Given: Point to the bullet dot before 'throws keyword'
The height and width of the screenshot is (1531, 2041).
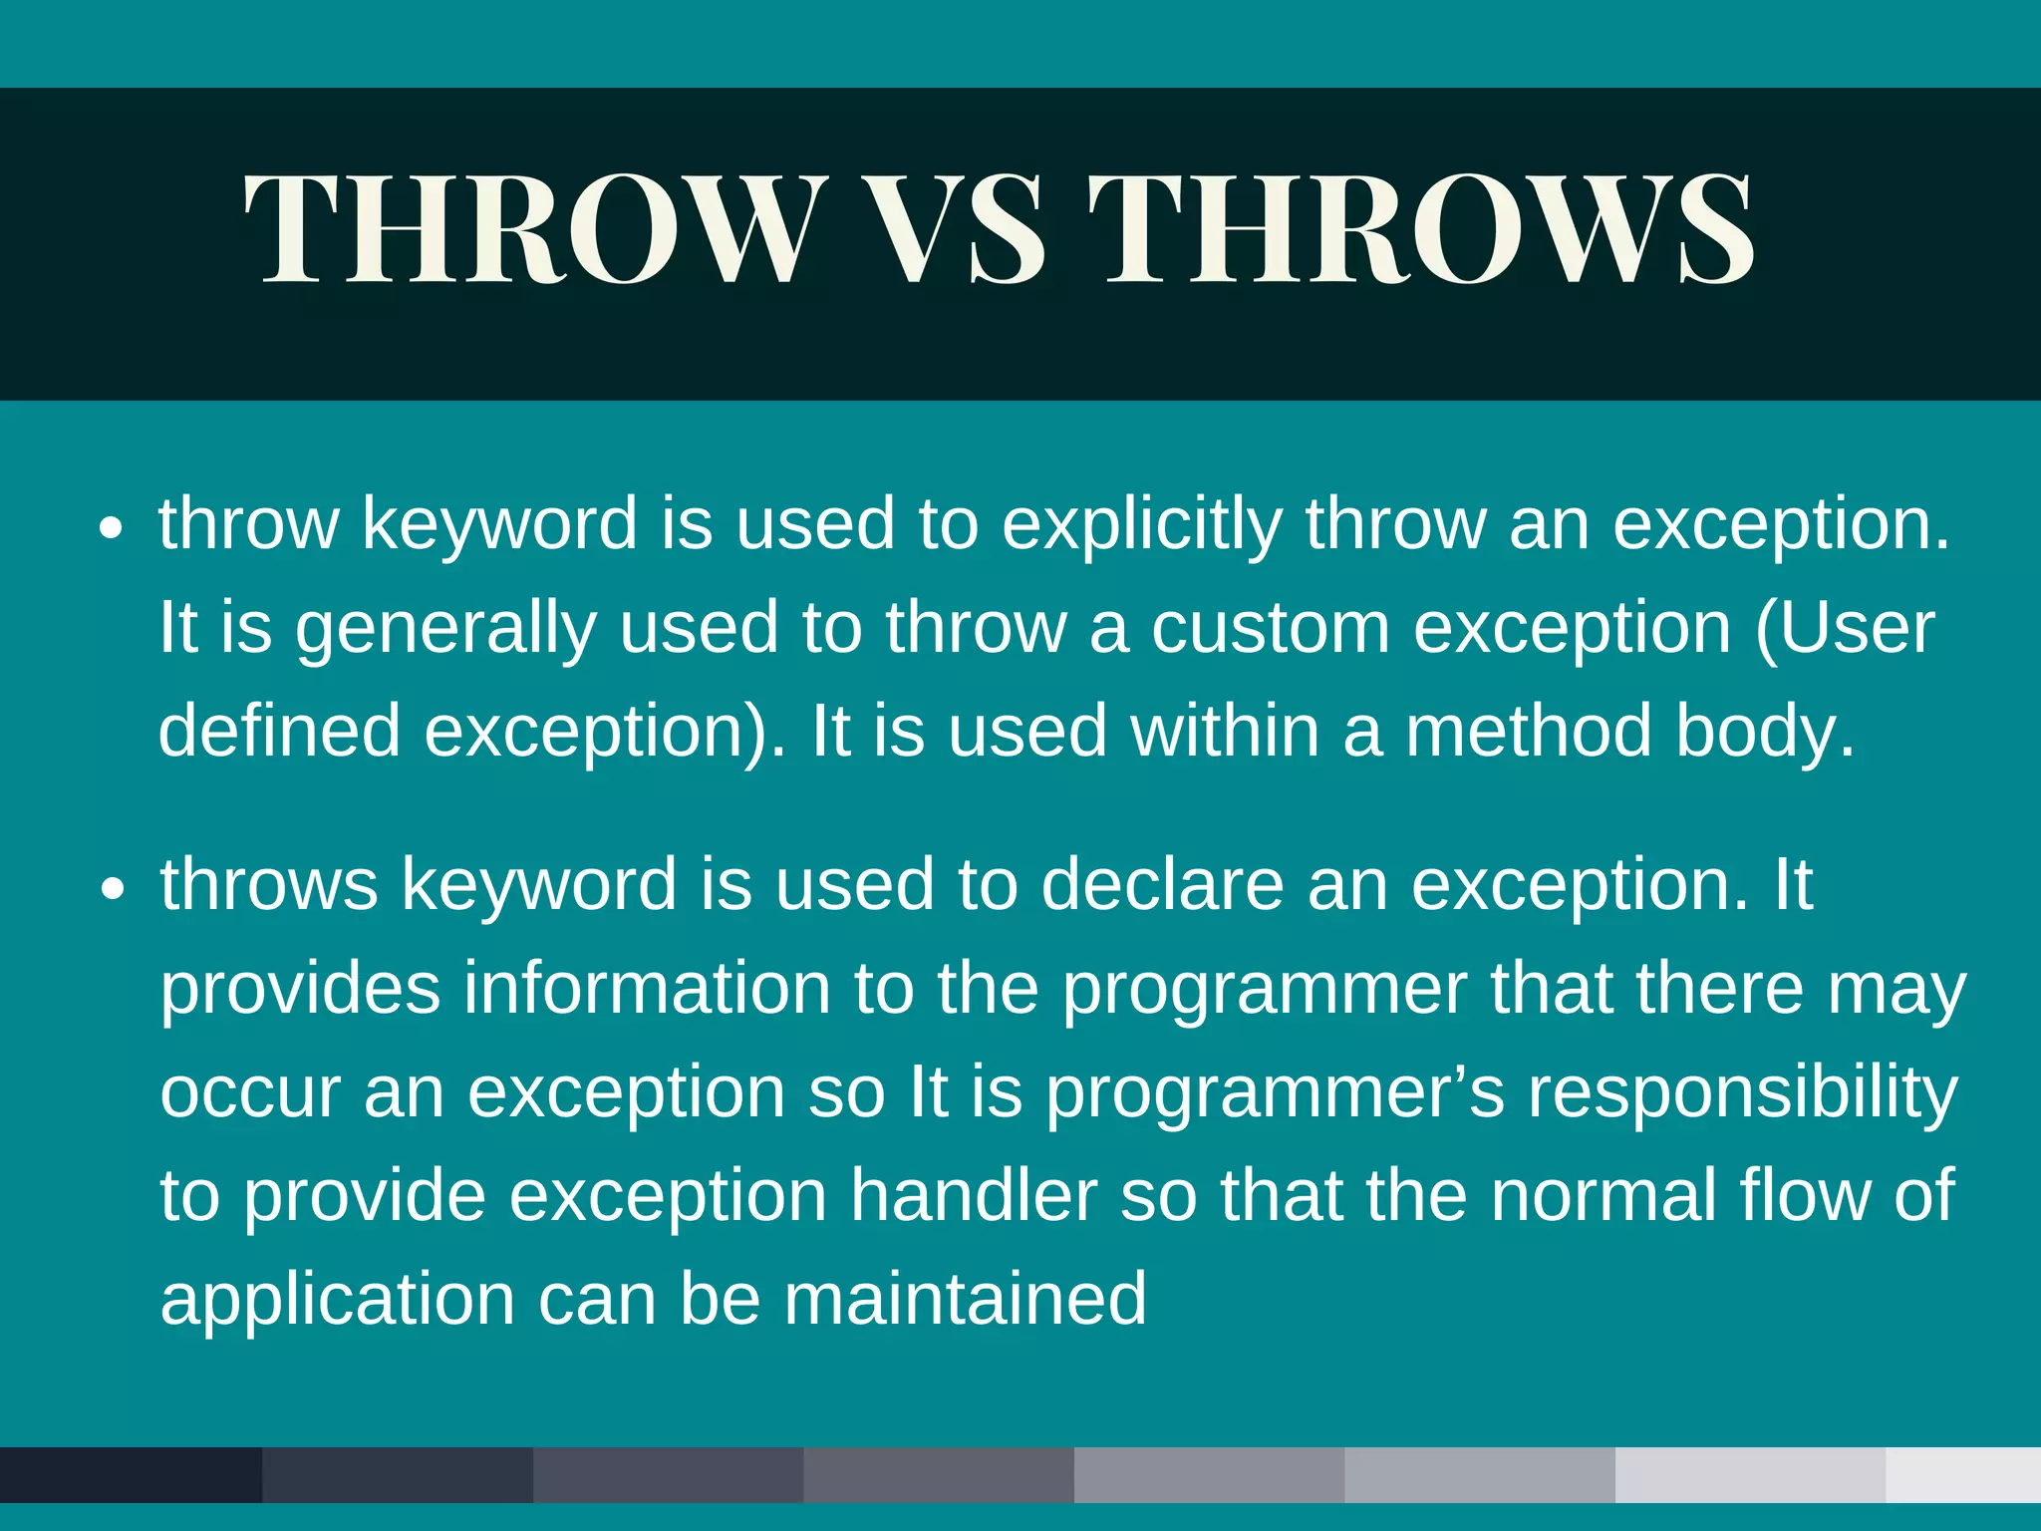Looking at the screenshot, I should coord(113,889).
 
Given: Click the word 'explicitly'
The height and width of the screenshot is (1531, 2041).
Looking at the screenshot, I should coord(1142,524).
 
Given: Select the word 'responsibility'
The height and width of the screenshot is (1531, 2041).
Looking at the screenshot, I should coord(1743,1094).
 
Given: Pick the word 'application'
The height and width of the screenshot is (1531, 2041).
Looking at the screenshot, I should coord(337,1301).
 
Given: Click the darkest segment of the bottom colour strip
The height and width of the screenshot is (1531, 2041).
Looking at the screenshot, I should coord(131,1474).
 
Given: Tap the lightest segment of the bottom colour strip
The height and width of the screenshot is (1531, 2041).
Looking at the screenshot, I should coord(1962,1474).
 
